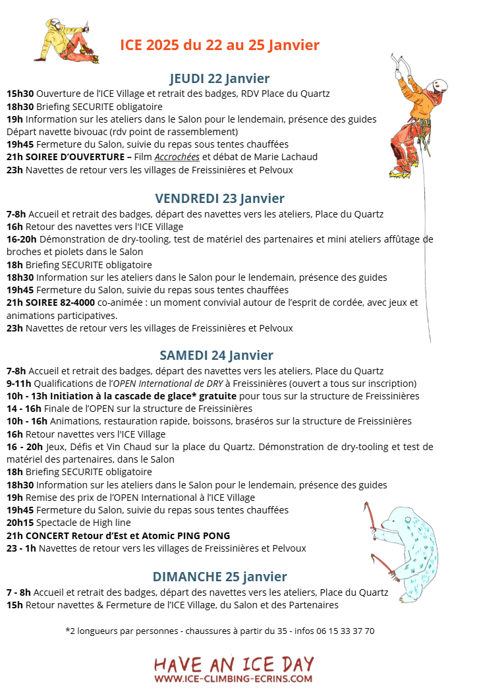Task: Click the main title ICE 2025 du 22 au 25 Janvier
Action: click(x=219, y=45)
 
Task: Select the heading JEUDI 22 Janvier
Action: click(x=219, y=78)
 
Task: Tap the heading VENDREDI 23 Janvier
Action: click(x=219, y=198)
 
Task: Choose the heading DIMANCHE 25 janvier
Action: click(x=219, y=577)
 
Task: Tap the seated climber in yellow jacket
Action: click(x=65, y=42)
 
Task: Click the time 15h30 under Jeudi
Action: click(x=20, y=94)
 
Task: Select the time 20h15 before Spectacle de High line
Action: click(x=20, y=523)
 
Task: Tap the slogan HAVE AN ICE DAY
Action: click(x=234, y=663)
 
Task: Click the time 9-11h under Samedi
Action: click(x=19, y=384)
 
